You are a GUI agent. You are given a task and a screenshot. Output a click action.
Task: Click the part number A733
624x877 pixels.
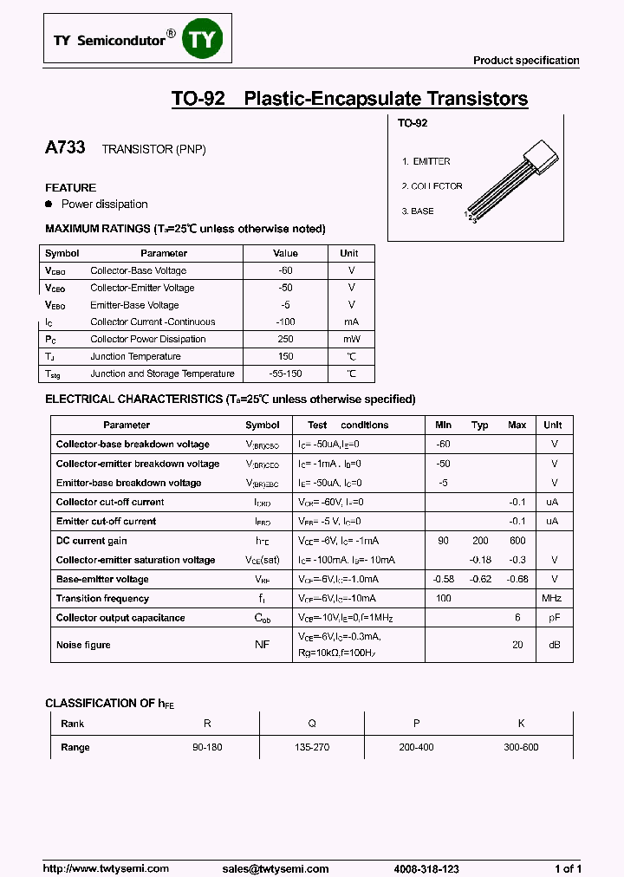[65, 148]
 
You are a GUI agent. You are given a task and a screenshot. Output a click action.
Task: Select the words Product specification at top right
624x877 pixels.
[525, 61]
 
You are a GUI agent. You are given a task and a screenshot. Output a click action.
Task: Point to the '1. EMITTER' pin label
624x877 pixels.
[426, 162]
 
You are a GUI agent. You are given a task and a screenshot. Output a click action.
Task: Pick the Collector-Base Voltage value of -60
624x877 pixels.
[285, 270]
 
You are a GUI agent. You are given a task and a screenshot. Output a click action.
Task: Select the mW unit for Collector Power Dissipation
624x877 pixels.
[351, 339]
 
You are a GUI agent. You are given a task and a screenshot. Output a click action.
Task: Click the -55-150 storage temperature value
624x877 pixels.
[285, 374]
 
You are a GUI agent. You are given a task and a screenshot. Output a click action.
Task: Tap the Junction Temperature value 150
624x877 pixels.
[285, 356]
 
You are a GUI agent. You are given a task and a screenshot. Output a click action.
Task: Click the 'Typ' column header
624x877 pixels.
[480, 426]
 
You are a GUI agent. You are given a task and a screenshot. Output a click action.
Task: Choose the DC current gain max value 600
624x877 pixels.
[517, 541]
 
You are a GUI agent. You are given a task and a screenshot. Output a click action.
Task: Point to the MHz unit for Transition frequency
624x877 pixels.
[552, 599]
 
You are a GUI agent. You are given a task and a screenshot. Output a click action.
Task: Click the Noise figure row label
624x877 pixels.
[83, 645]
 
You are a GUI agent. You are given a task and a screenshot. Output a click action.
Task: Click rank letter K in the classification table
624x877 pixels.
[521, 724]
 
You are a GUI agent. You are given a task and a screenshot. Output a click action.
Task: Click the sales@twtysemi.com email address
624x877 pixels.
[276, 868]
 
